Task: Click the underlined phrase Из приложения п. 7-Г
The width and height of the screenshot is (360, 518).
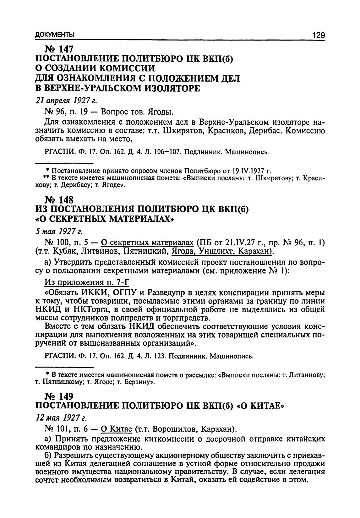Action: [87, 282]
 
